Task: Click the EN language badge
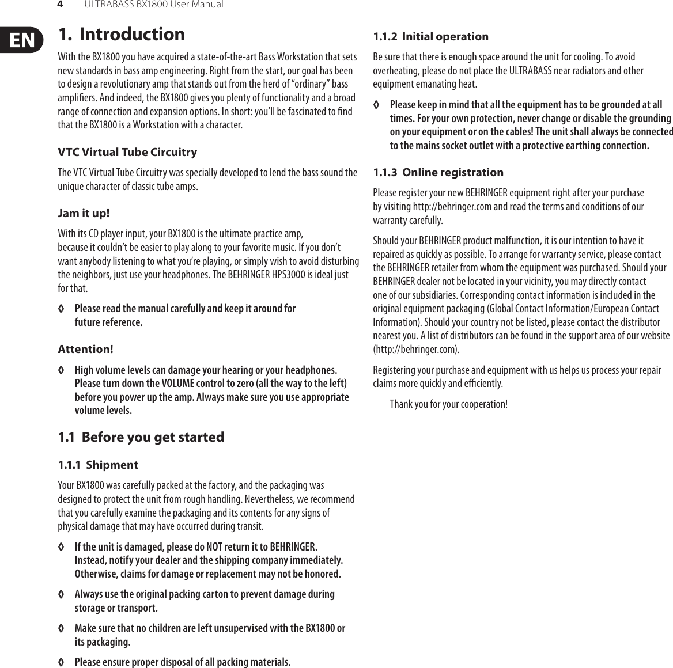coord(21,40)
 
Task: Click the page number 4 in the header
coord(59,5)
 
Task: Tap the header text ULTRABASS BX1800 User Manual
coord(153,5)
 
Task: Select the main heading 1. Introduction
coord(122,35)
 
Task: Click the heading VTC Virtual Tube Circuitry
coord(127,153)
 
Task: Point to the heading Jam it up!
coord(84,214)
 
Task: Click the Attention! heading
coord(85,350)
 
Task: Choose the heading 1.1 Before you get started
coord(141,437)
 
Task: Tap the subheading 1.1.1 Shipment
coord(98,465)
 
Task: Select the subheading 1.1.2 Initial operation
coord(430,37)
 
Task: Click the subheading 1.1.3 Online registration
coord(438,173)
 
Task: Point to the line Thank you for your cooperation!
coord(448,404)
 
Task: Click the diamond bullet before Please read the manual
coord(61,309)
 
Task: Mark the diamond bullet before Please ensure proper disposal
coord(61,662)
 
